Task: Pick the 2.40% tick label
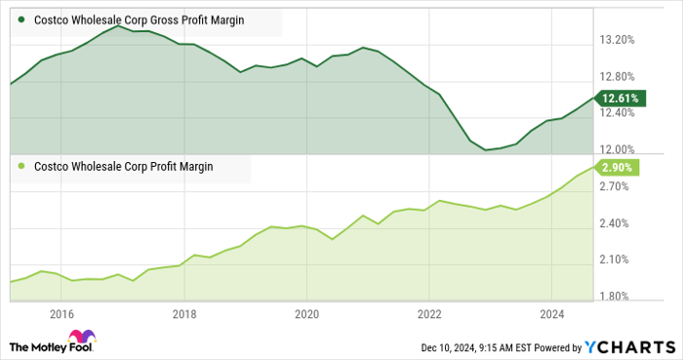[620, 222]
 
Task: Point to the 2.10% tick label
[620, 260]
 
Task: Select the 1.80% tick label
[620, 297]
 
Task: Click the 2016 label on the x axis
[61, 314]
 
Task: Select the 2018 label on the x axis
[183, 314]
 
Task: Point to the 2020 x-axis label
[306, 314]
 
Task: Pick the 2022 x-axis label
[428, 314]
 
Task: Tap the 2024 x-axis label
[550, 314]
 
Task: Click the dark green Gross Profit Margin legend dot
[20, 19]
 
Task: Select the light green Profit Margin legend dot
[20, 166]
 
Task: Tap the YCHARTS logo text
[628, 346]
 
